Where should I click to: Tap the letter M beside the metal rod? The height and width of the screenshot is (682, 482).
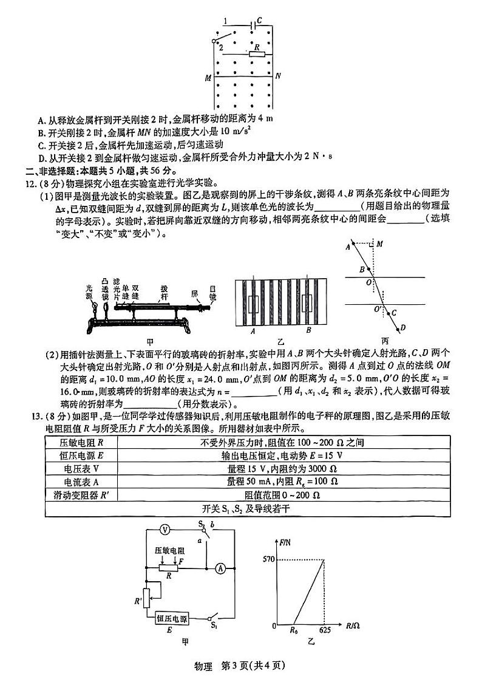pyautogui.click(x=208, y=78)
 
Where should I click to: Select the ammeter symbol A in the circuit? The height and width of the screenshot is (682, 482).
pyautogui.click(x=221, y=568)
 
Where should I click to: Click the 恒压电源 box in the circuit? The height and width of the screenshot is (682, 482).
pyautogui.click(x=171, y=618)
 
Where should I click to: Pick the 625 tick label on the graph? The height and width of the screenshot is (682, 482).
pyautogui.click(x=325, y=630)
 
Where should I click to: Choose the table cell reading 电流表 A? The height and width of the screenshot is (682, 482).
pyautogui.click(x=80, y=482)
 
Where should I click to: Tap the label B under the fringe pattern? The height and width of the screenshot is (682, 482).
pyautogui.click(x=308, y=331)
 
